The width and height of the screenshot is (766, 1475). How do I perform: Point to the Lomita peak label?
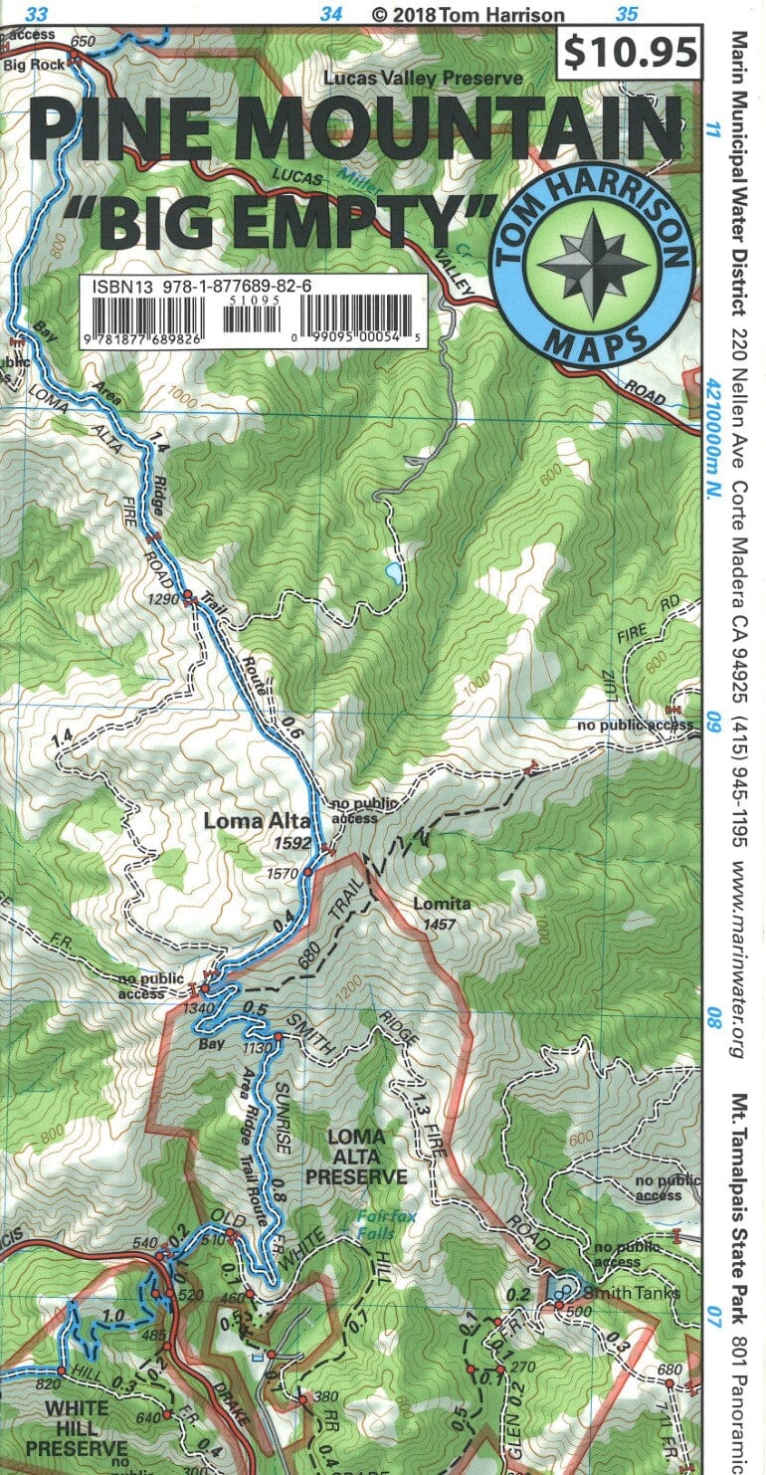click(x=442, y=905)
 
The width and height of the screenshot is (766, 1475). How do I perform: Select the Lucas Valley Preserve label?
click(x=423, y=78)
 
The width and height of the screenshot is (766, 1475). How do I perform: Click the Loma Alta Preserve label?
click(x=355, y=1156)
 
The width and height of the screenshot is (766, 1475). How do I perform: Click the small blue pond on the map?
click(x=395, y=573)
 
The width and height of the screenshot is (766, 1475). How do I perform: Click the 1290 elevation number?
click(x=159, y=599)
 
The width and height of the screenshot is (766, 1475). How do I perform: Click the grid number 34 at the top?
click(x=331, y=14)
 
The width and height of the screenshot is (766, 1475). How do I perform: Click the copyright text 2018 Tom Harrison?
click(x=467, y=15)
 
